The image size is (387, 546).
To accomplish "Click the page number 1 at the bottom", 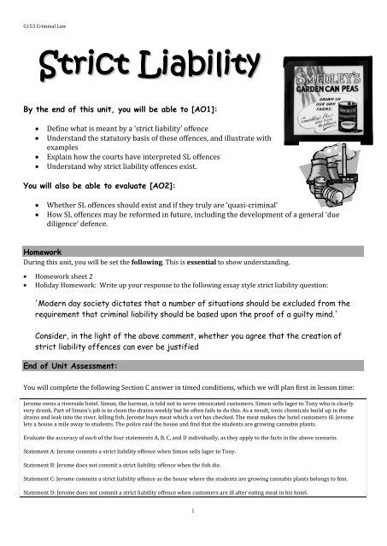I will [x=194, y=535].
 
